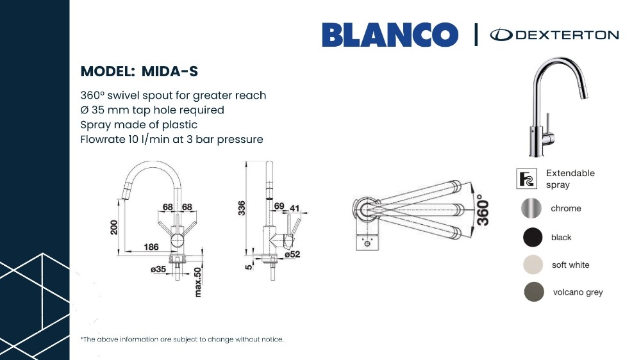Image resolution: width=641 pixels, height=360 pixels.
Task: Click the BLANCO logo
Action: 390,35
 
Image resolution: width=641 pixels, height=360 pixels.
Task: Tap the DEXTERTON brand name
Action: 567,35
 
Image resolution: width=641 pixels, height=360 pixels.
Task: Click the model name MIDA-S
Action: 170,72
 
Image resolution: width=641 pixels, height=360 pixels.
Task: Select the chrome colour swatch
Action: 531,208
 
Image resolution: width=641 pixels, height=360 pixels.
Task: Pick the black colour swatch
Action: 533,237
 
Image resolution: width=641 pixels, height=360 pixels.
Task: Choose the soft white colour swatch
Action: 533,265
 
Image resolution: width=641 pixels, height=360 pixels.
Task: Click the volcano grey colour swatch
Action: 534,291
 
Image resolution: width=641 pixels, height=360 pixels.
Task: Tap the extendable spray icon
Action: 526,179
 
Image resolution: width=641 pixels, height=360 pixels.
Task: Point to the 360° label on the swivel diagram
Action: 483,209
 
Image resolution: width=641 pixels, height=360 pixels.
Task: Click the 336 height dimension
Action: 242,208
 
